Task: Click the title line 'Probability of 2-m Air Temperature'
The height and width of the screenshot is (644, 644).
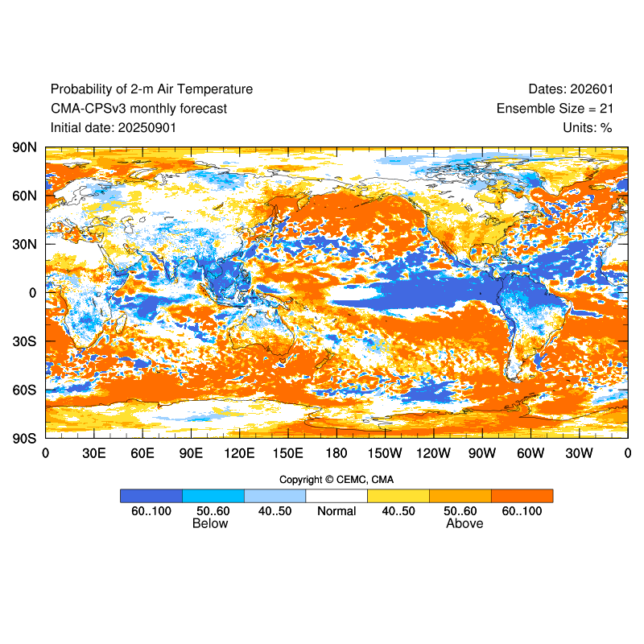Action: (x=151, y=89)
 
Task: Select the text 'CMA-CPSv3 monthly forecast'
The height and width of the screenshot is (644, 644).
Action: (x=138, y=109)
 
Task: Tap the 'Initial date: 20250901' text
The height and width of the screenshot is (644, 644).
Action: (x=114, y=127)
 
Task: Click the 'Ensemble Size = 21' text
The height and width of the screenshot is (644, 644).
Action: (x=554, y=109)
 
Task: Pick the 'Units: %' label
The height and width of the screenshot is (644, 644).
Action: (x=588, y=127)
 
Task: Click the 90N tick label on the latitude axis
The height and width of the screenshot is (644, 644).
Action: (x=24, y=147)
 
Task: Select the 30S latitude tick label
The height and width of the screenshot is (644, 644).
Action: (x=24, y=341)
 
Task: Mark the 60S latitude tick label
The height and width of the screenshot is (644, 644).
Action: (x=24, y=390)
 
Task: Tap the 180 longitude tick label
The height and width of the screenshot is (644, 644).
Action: (x=336, y=453)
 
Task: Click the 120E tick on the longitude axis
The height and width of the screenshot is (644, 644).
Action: (x=239, y=453)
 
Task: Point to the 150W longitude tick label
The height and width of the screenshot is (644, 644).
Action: (x=385, y=453)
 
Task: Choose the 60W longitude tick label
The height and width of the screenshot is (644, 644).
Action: (x=530, y=453)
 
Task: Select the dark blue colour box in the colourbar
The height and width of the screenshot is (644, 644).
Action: (x=151, y=496)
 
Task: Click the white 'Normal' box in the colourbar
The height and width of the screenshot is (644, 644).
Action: (x=336, y=496)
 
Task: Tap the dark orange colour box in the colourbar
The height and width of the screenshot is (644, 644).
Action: (x=522, y=496)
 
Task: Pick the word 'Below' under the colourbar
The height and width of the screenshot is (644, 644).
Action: (x=210, y=524)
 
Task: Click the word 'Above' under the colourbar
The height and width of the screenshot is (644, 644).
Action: (x=464, y=524)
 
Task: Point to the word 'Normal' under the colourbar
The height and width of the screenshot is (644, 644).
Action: (x=336, y=511)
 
